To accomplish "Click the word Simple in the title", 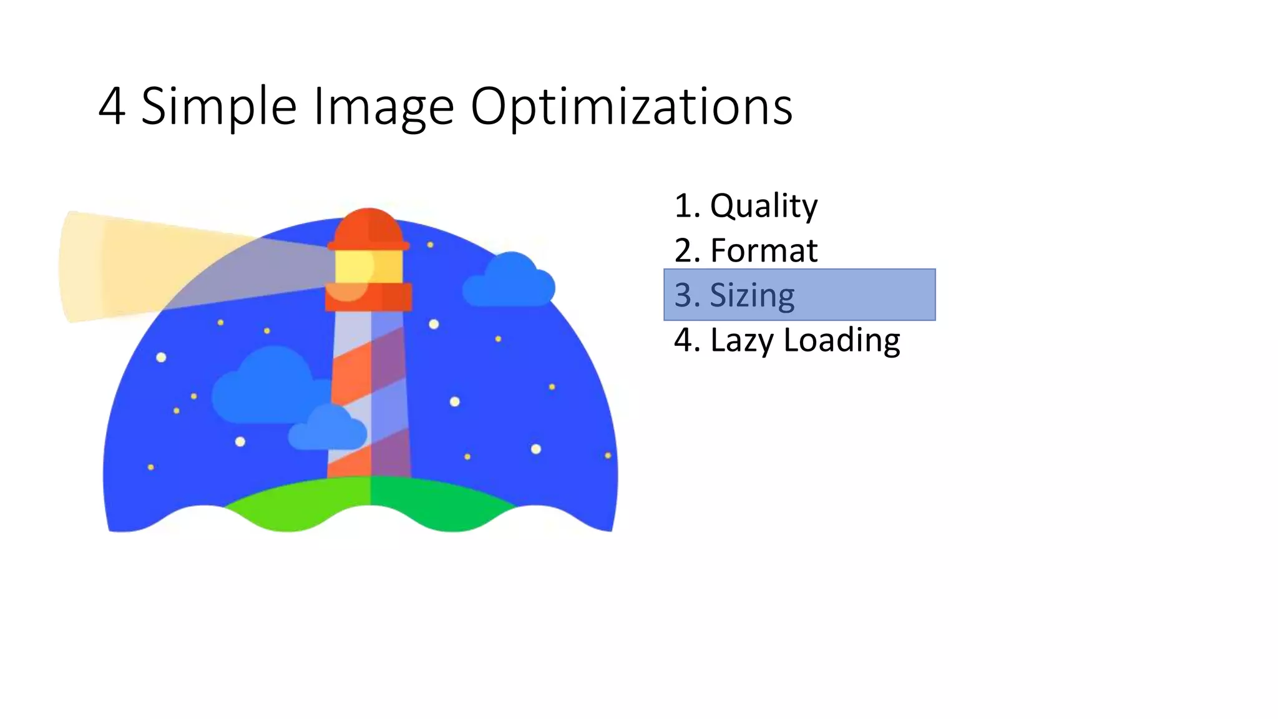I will [218, 107].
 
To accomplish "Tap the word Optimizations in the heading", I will [631, 107].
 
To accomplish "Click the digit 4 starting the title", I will [112, 107].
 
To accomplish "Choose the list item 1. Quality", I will [746, 205].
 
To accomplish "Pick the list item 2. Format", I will [746, 250].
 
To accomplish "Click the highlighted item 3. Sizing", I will [799, 295].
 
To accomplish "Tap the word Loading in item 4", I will [842, 340].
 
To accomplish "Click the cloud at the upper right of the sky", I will [509, 283].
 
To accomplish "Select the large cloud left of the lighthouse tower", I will [265, 387].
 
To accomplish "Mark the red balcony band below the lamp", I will [368, 297].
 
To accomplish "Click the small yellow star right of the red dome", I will [430, 245].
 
